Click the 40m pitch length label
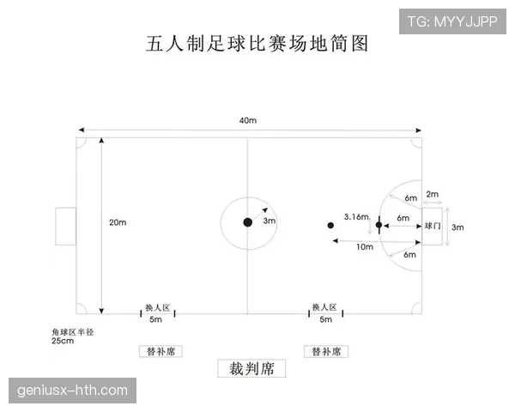tap(248, 120)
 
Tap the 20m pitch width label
tap(118, 222)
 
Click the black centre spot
tap(248, 222)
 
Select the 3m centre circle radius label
tap(270, 221)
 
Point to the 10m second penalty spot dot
tap(330, 226)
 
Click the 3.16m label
tap(356, 217)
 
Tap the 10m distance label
tap(365, 246)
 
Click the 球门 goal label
tap(433, 226)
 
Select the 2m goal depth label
tap(433, 194)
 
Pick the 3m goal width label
tap(457, 227)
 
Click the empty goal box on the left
tap(66, 227)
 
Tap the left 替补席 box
tap(161, 351)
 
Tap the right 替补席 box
tap(326, 351)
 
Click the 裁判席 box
tap(251, 368)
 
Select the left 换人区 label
tap(158, 308)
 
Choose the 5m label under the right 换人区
tap(326, 319)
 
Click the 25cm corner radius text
tap(63, 341)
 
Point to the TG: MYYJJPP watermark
tap(452, 21)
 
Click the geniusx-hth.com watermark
tap(72, 391)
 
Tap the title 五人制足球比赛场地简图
tap(257, 44)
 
